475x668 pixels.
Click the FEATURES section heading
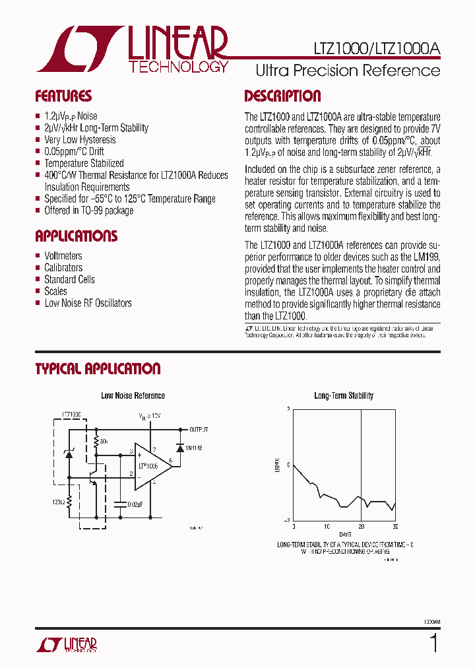63,96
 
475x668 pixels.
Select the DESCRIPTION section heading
282,96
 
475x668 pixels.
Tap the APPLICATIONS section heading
76,236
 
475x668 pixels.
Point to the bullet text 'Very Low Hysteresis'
80,140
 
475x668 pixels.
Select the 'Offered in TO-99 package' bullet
88,211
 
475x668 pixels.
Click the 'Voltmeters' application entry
63,256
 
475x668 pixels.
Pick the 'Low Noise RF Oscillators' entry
88,304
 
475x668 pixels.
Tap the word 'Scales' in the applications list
55,292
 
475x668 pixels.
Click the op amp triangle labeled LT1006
150,466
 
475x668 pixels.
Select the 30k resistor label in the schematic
104,441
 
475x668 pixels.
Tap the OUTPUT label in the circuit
199,428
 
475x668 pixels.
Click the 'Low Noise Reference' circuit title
133,396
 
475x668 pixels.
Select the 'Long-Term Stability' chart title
344,396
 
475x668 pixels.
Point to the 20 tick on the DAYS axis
361,526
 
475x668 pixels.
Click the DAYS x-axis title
345,533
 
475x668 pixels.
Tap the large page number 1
433,642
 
